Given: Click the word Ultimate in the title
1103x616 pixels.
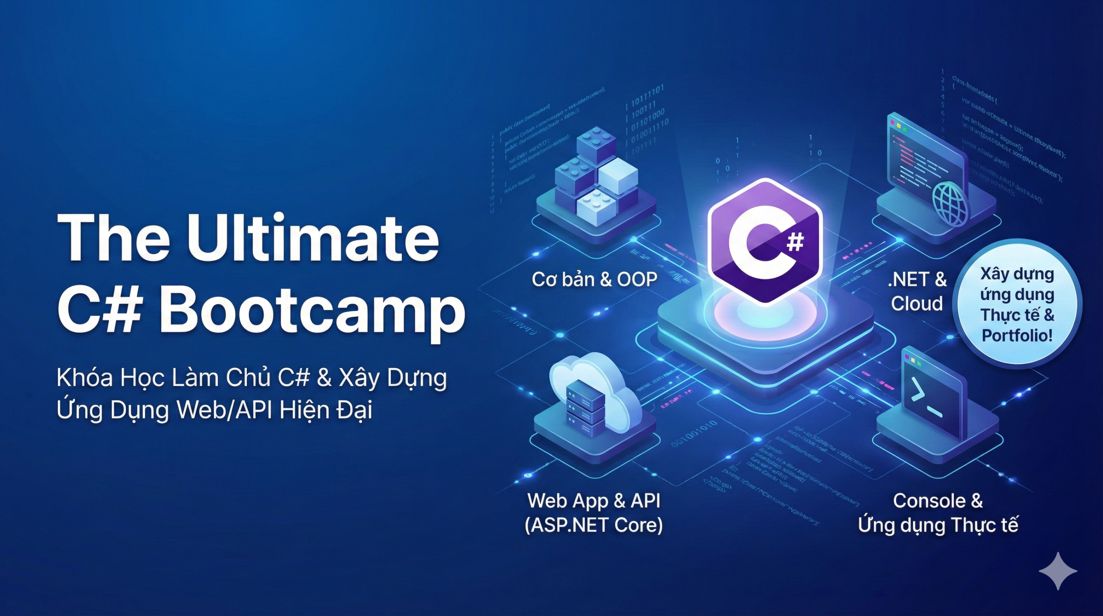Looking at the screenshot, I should pyautogui.click(x=313, y=238).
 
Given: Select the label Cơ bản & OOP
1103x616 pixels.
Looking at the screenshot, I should pyautogui.click(x=595, y=280).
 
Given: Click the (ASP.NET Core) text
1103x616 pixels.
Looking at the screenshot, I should pyautogui.click(x=594, y=525).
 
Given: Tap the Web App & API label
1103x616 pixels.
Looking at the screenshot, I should pyautogui.click(x=594, y=501).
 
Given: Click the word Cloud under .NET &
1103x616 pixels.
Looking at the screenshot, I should pyautogui.click(x=917, y=304).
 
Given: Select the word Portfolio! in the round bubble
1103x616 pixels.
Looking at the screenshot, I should pyautogui.click(x=1017, y=335).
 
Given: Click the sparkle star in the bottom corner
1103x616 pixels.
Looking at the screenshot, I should pyautogui.click(x=1058, y=571).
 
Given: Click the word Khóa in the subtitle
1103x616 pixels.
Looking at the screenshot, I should pyautogui.click(x=84, y=378).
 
